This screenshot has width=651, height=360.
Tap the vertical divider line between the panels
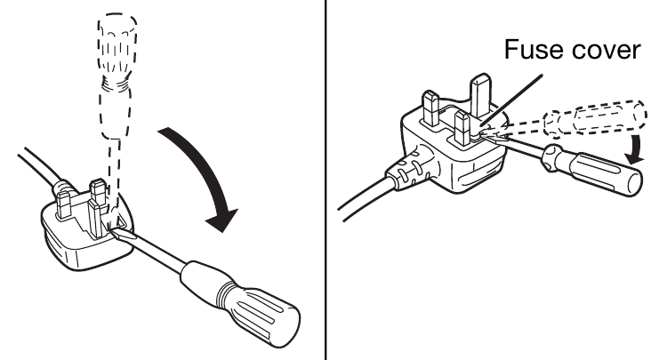(x=326, y=178)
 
